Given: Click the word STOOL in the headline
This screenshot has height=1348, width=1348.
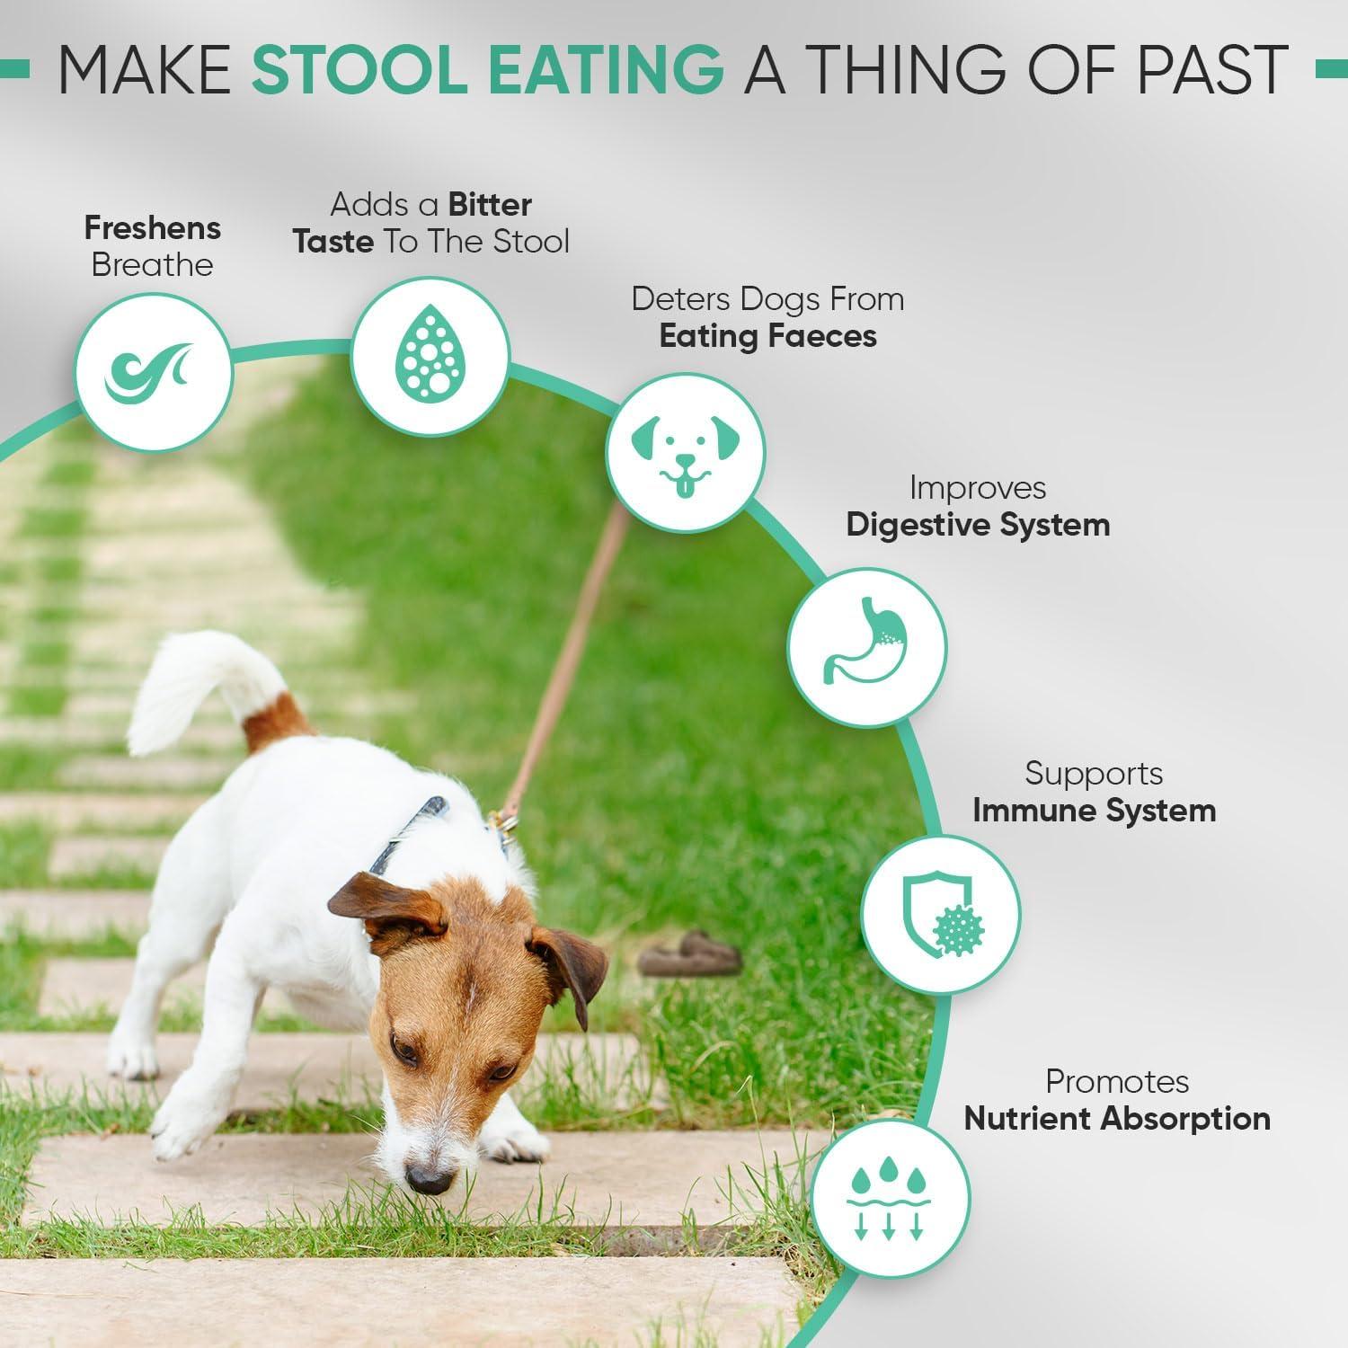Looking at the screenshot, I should [358, 69].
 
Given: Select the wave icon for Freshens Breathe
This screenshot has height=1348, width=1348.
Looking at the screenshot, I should [153, 371].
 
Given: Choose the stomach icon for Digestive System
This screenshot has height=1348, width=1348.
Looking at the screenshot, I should [867, 646].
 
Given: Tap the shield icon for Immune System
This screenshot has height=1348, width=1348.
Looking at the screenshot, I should [941, 913].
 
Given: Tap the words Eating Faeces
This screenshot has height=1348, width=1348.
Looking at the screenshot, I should [767, 336].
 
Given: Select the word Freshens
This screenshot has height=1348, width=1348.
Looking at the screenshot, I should [153, 228].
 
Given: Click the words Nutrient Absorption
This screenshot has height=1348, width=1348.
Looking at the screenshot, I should [1117, 1119].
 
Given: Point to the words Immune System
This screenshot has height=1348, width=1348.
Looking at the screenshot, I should [1094, 811].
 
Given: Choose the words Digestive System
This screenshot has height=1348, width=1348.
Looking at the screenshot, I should [978, 525].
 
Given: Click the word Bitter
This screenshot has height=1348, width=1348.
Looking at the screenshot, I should [490, 205].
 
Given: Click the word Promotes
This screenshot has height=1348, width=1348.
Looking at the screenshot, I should [1117, 1081].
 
